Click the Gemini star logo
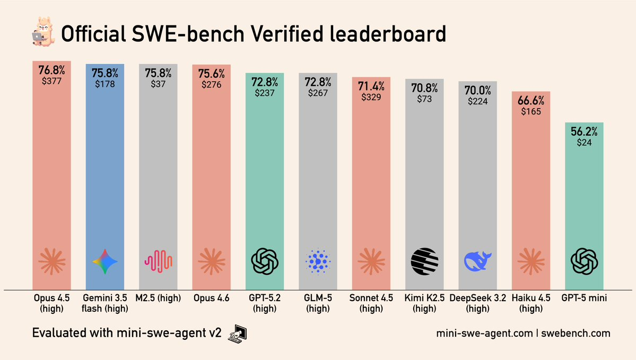click(x=105, y=261)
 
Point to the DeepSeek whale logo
click(x=478, y=261)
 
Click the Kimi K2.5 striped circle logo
click(x=424, y=261)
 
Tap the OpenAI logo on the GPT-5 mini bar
click(x=584, y=261)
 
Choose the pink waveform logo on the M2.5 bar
click(x=158, y=261)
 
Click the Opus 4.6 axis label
click(x=211, y=298)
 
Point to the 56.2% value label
click(x=584, y=132)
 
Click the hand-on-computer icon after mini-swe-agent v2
click(x=238, y=333)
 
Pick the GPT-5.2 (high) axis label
click(x=265, y=303)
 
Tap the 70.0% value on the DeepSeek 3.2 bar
click(x=478, y=90)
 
